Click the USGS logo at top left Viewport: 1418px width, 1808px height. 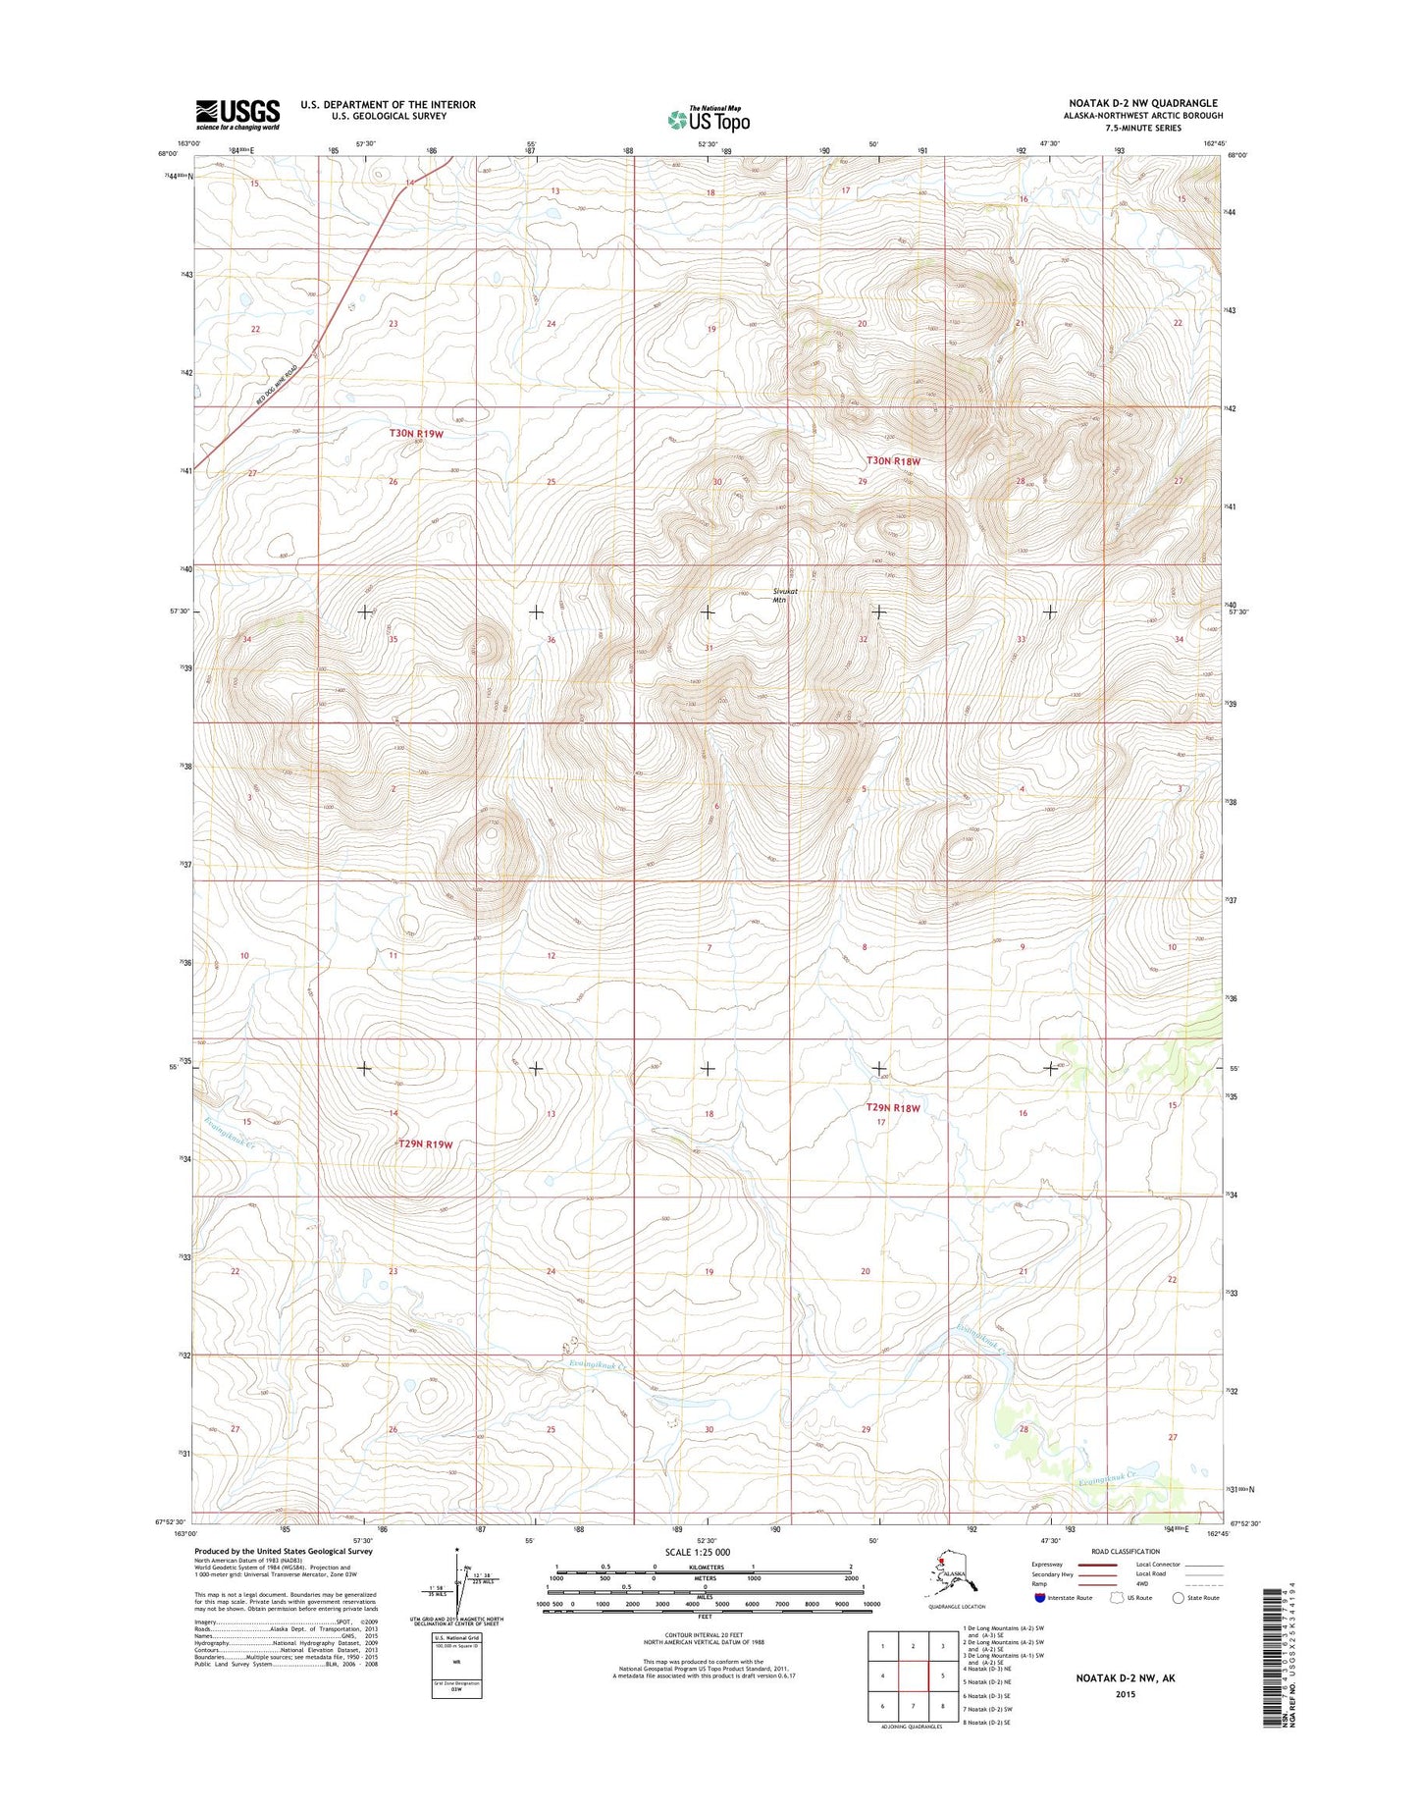click(x=237, y=114)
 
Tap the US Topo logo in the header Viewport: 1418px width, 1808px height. click(x=709, y=120)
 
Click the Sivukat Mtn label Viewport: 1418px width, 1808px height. click(x=781, y=596)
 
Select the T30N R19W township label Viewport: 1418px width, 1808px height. click(x=417, y=433)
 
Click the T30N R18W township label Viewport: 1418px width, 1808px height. click(x=893, y=460)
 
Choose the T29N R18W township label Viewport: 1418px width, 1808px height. click(x=893, y=1108)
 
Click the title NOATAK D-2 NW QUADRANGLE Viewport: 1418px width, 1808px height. click(x=1143, y=103)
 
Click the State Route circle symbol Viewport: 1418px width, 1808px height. click(x=1178, y=1597)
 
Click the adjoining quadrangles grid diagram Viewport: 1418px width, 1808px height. click(x=913, y=1675)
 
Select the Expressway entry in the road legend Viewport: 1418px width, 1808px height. click(x=1047, y=1565)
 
